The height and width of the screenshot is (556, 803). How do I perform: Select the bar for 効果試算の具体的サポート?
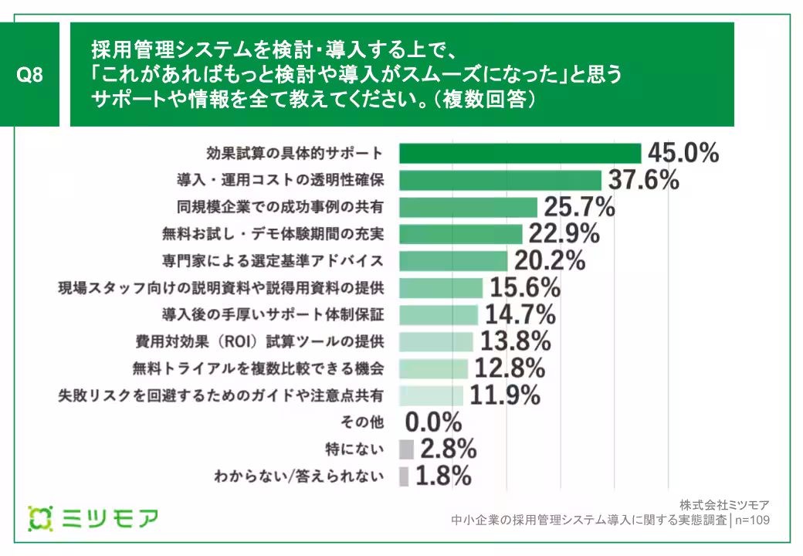(x=520, y=153)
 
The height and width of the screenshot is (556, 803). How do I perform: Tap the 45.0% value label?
(x=683, y=153)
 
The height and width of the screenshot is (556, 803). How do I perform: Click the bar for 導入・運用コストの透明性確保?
(x=500, y=180)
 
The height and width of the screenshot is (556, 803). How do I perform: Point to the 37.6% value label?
(x=642, y=180)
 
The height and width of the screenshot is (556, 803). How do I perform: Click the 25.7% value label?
(x=579, y=207)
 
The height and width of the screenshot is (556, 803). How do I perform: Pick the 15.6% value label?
(x=523, y=288)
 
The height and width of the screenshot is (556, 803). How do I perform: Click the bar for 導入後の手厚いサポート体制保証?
(x=439, y=314)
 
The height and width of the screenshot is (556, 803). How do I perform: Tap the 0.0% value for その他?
(x=433, y=422)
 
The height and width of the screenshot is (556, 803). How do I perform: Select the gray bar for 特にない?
(x=406, y=449)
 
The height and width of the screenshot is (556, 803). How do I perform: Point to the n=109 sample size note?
(x=753, y=520)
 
